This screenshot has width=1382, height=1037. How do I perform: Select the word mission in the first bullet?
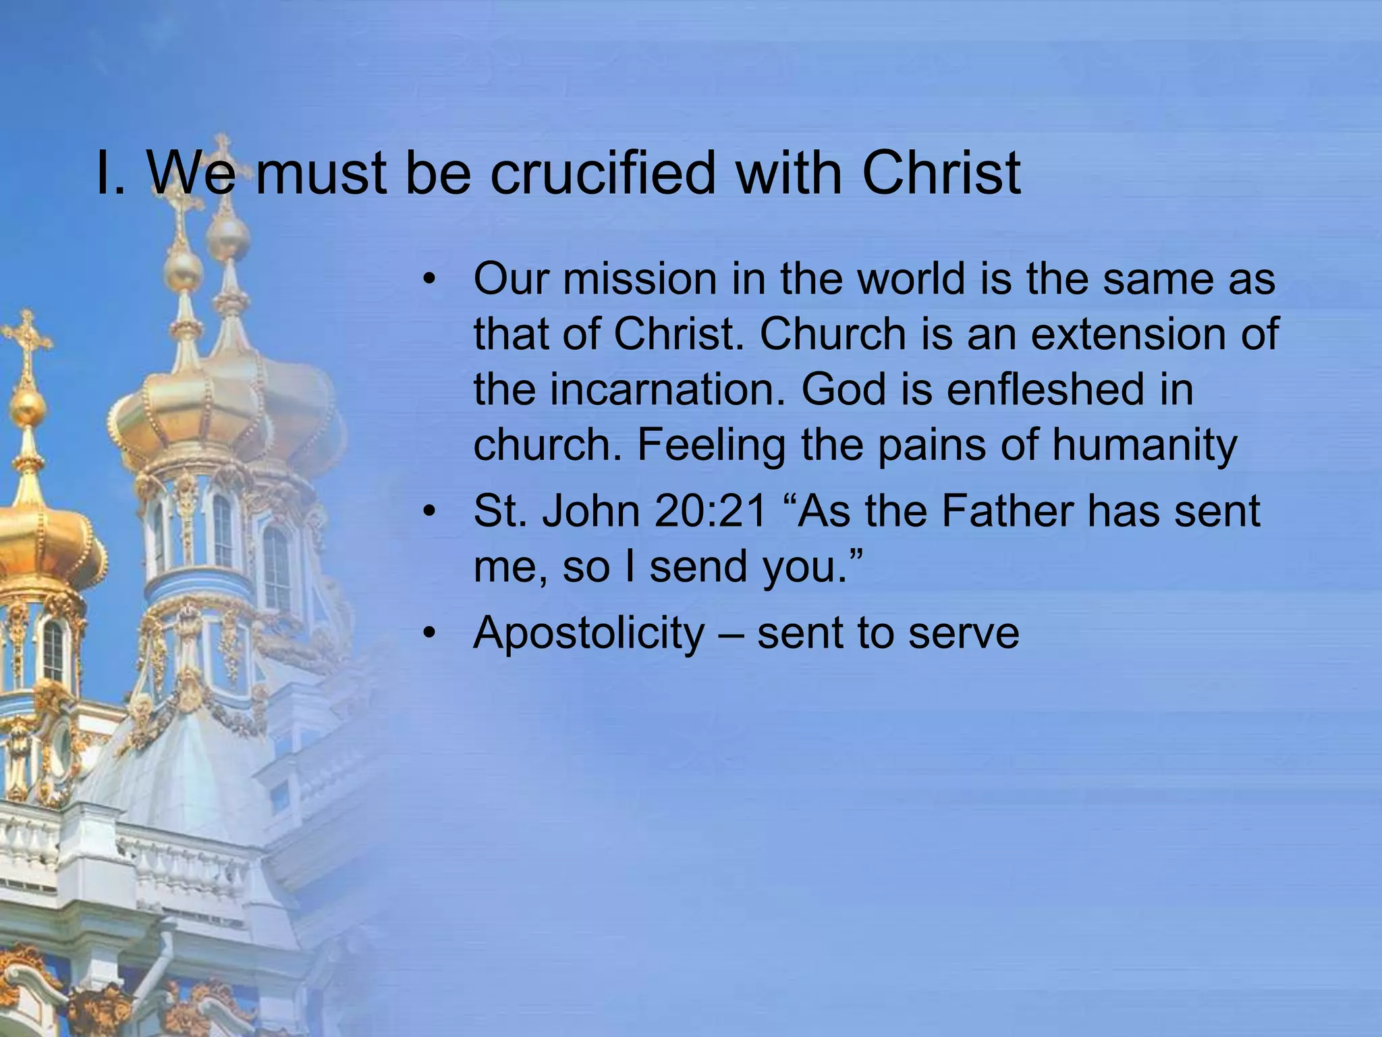tap(640, 279)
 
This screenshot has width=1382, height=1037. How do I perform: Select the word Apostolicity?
tap(588, 633)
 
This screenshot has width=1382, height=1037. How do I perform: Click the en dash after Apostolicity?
tap(729, 635)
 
